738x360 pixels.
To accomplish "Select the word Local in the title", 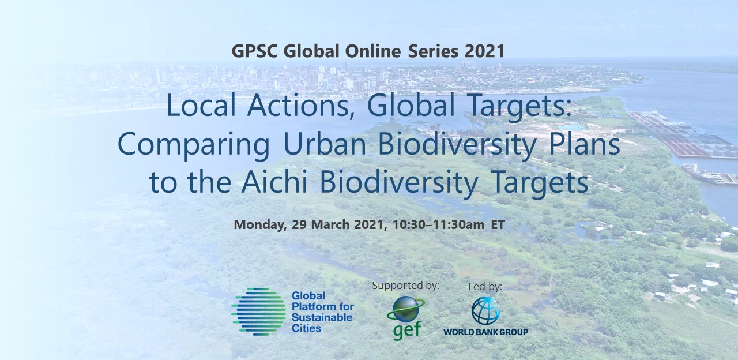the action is [201, 106].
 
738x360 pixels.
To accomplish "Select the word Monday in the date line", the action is [260, 225].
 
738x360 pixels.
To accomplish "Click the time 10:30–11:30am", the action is [439, 225].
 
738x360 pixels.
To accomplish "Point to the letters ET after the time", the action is [498, 225].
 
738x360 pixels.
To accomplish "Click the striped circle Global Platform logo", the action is [258, 312].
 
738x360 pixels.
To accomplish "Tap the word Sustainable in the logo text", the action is [322, 317].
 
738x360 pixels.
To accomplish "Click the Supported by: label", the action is [405, 286].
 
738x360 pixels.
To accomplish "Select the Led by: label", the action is [485, 287].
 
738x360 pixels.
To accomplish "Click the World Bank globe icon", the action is [485, 310].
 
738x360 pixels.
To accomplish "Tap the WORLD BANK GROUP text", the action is [485, 332].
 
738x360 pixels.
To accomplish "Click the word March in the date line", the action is [330, 225].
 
